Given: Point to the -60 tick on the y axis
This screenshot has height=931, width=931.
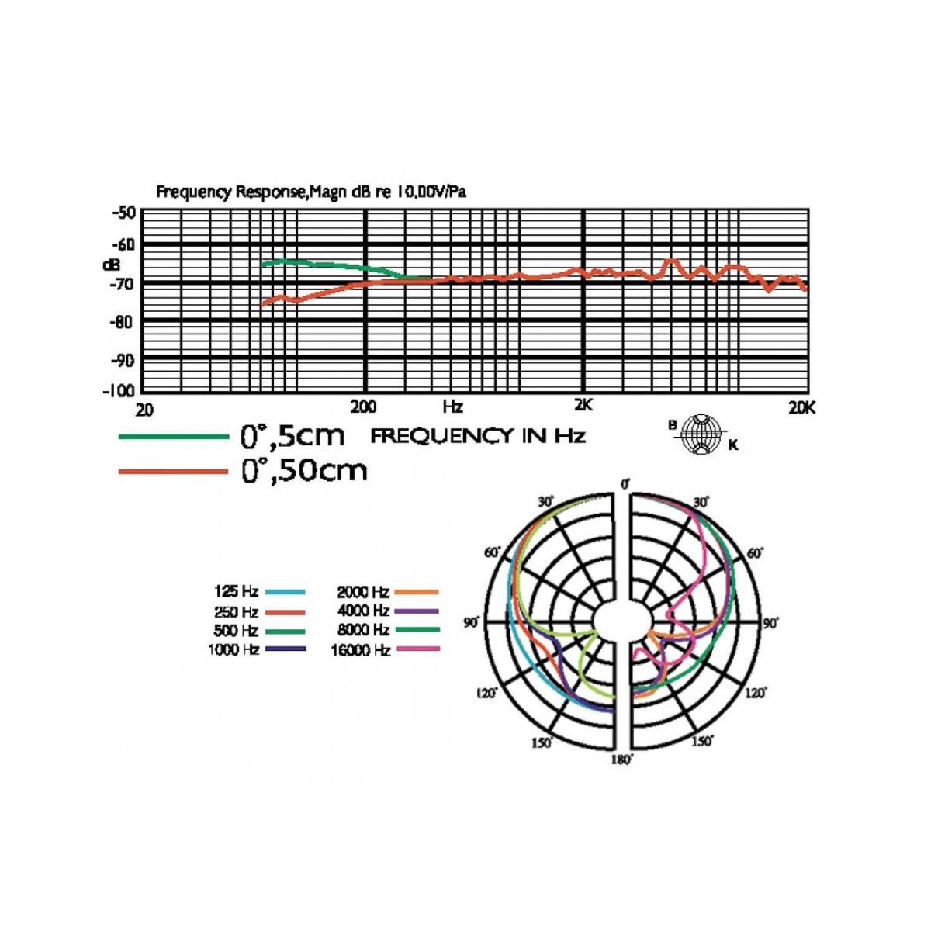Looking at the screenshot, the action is click(x=125, y=245).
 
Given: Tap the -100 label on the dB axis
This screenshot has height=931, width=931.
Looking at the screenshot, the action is click(x=119, y=391).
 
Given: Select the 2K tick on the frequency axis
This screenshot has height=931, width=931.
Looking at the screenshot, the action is click(x=583, y=405).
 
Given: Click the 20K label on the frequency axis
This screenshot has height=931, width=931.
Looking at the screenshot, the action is click(x=802, y=408).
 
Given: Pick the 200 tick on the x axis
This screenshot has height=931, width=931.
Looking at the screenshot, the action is click(x=363, y=407).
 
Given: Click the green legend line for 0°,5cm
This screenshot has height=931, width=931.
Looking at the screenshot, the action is click(x=174, y=437).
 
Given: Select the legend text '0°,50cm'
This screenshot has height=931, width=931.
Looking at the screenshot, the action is click(x=304, y=471).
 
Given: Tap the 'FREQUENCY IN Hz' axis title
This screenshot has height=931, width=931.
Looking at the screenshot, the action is click(x=478, y=437).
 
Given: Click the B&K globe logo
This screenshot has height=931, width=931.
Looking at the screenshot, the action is click(x=704, y=434).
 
